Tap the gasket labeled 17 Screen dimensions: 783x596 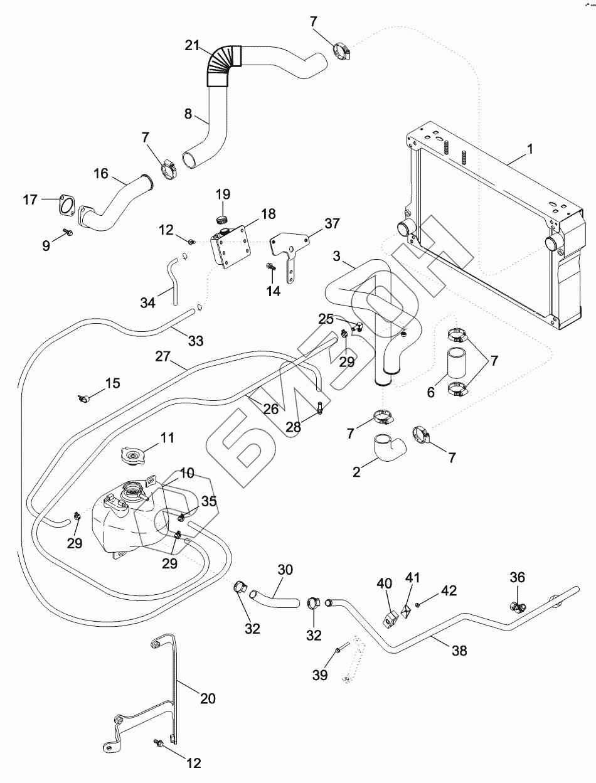(x=65, y=204)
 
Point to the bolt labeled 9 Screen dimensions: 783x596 (x=68, y=233)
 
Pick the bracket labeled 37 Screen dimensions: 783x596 (x=289, y=251)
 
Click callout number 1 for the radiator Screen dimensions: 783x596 (x=530, y=149)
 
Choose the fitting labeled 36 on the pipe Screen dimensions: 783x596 (x=518, y=607)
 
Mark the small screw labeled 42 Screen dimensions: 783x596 (x=417, y=604)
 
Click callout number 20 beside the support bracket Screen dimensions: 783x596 (x=208, y=697)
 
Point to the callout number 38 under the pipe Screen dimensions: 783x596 (x=460, y=651)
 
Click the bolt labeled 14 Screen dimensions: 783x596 (x=270, y=267)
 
